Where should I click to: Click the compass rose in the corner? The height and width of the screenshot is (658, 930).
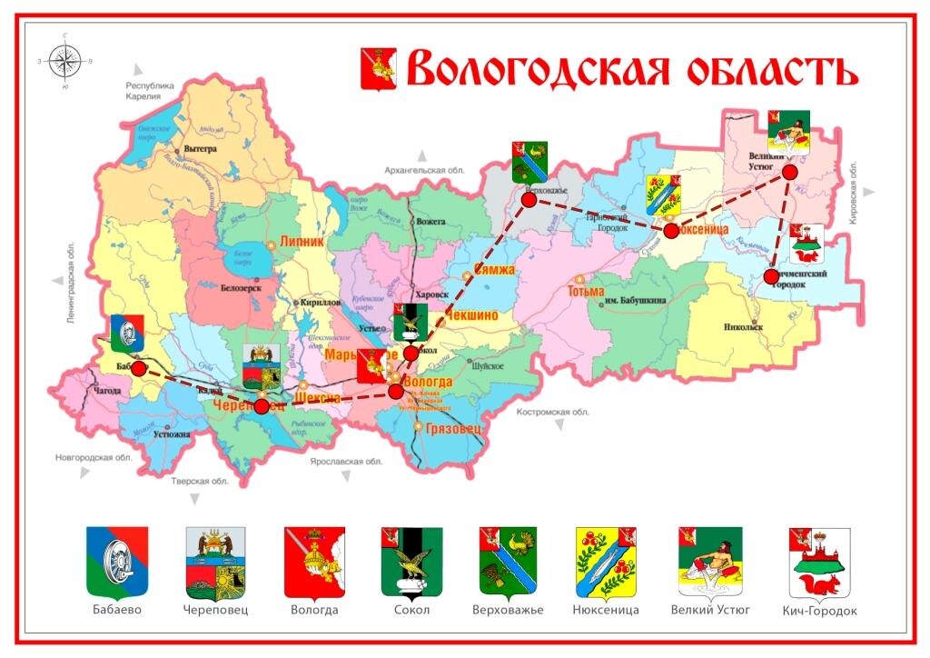point(64,61)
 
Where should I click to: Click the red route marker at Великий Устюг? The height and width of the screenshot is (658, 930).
point(789,171)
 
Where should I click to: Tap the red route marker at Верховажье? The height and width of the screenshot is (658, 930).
point(529,198)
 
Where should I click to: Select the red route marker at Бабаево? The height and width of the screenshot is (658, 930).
point(139,368)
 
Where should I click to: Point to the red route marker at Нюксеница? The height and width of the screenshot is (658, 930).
point(670,231)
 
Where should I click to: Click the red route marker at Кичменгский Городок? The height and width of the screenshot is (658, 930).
point(770,276)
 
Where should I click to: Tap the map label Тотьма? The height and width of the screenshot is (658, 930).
point(585,292)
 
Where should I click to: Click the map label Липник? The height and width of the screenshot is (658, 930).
point(302,243)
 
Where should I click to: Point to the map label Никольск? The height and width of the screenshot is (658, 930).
point(744,326)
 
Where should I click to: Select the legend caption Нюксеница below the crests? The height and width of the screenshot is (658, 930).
point(606,610)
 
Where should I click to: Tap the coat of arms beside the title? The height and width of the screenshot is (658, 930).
point(379,69)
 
